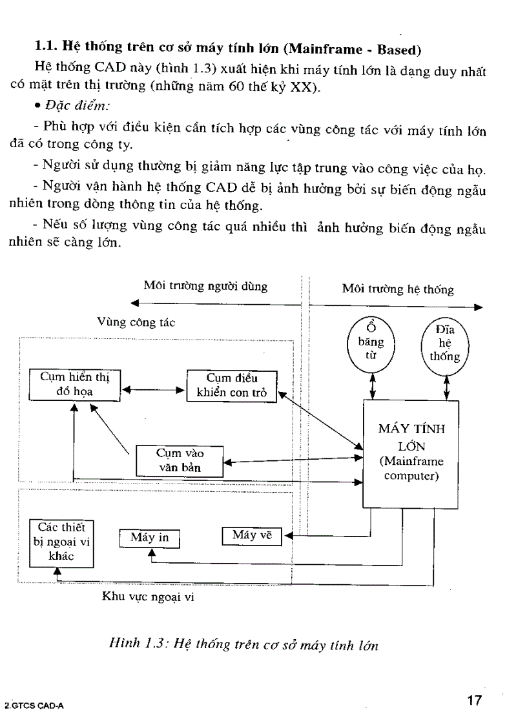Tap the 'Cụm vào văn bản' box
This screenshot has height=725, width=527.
tap(179, 460)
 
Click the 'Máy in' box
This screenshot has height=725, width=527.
tap(149, 538)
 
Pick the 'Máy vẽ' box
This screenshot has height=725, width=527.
tap(252, 535)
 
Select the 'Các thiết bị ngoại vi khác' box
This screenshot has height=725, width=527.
tap(62, 542)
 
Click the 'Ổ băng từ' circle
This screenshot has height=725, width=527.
tap(375, 342)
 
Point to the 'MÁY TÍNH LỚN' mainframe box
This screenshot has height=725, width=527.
tap(411, 453)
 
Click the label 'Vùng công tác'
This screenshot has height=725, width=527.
tap(136, 322)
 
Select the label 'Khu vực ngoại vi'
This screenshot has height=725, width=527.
tap(148, 597)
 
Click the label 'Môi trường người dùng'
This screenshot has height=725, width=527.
tap(205, 286)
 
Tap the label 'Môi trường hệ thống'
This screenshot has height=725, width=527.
tap(397, 290)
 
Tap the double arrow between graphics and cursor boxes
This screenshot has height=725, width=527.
tap(154, 389)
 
